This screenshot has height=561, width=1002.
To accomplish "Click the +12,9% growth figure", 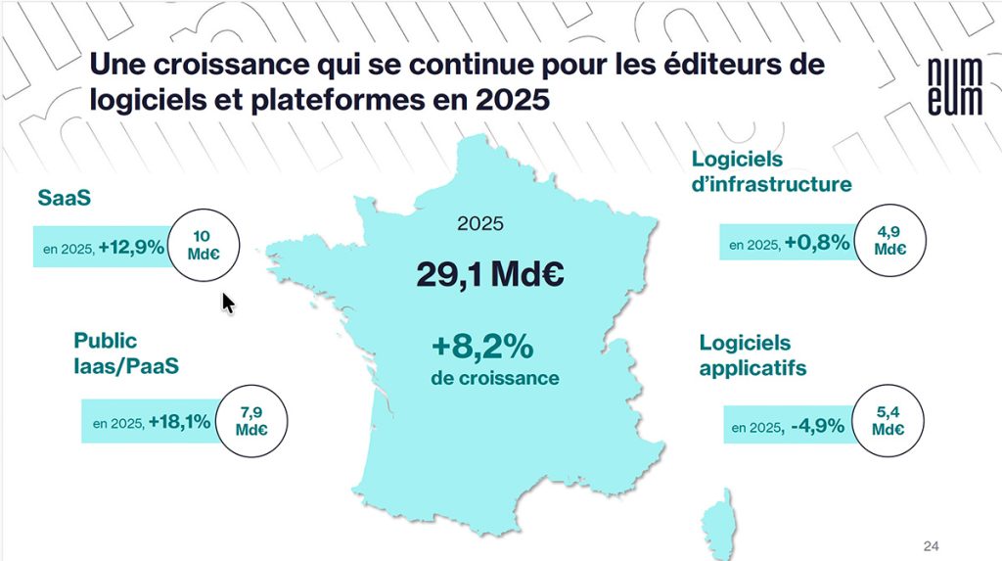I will tap(131, 248).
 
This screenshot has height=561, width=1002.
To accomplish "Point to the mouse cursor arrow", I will tap(228, 304).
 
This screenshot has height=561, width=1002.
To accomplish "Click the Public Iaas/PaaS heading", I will tap(118, 353).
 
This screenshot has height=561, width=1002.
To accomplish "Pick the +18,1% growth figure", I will tap(180, 422).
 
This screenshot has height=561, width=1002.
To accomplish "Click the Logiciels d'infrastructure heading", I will tap(771, 171).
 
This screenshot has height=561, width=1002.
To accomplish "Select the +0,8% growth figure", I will tap(817, 243).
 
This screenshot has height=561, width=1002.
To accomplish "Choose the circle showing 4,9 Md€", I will tap(889, 242).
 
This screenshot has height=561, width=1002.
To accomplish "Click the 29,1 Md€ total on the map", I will tap(489, 274).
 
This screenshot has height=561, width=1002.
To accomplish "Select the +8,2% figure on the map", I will tap(481, 348).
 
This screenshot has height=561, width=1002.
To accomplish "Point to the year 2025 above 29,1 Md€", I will tap(480, 223).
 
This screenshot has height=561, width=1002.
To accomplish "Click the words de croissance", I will tap(494, 378).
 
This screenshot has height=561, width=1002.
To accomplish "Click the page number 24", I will tap(932, 544).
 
